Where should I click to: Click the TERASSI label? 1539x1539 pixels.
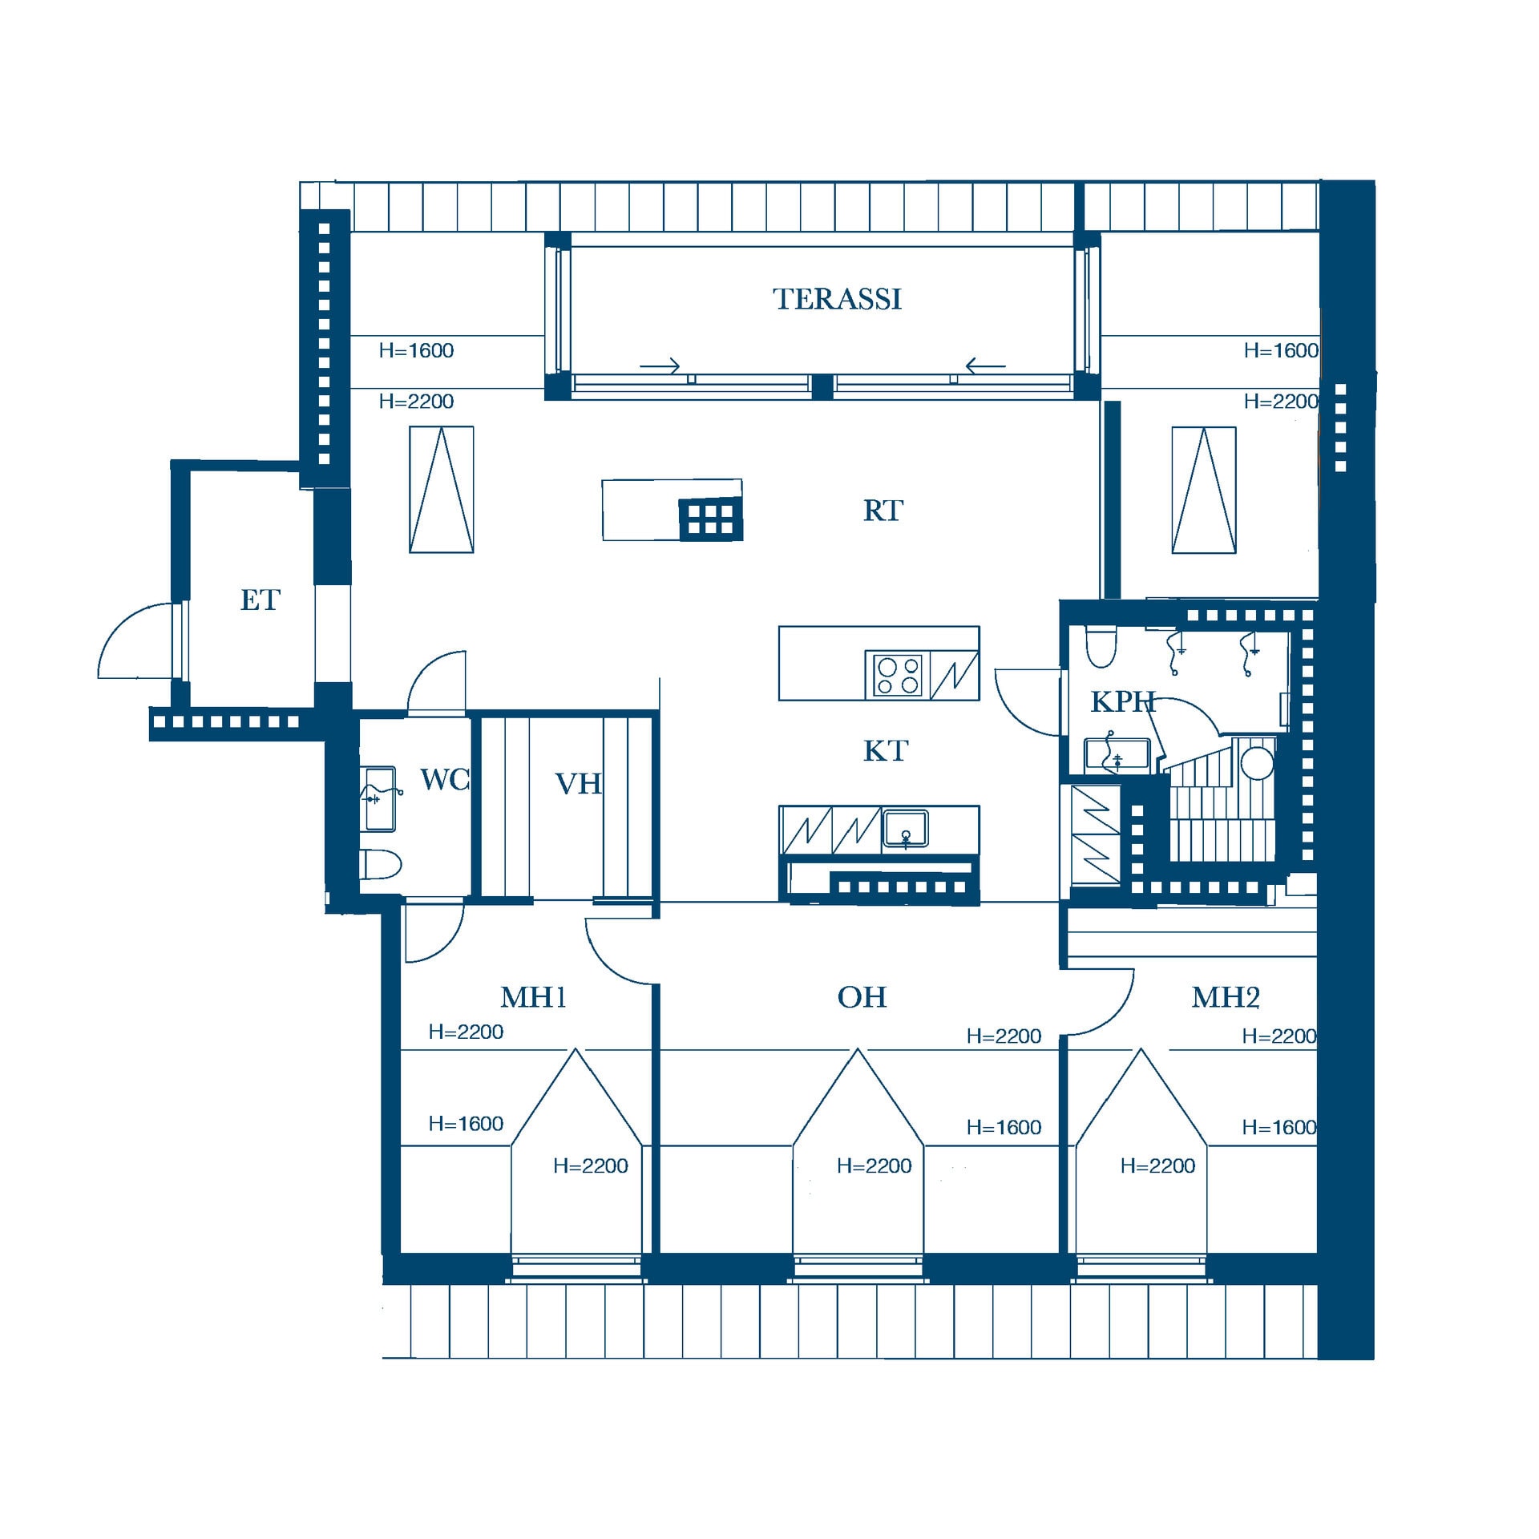(837, 299)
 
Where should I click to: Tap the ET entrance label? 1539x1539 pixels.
(260, 600)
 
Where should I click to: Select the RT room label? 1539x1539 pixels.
(883, 511)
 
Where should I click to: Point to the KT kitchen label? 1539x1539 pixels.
(885, 751)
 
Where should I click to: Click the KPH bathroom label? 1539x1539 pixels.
(1122, 702)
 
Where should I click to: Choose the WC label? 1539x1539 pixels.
(444, 779)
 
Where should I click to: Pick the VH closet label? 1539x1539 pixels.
(578, 784)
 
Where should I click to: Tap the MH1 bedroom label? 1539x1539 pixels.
(533, 997)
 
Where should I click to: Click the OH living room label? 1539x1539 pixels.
(862, 997)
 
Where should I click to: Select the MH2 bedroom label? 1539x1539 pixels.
(1226, 997)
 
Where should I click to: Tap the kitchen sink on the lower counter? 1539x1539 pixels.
(906, 828)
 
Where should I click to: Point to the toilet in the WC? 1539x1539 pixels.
(382, 865)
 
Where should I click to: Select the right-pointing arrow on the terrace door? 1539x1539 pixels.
(660, 366)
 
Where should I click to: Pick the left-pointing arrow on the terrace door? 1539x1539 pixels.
(985, 366)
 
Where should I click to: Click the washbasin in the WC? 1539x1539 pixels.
(379, 798)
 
